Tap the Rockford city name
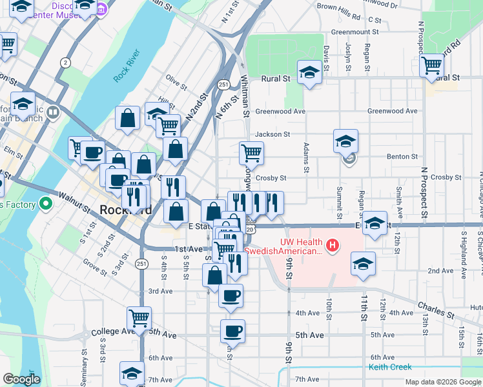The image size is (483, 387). coord(126,210)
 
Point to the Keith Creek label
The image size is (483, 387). coord(390,367)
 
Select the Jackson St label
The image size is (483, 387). coord(272,134)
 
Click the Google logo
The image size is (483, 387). coord(21,379)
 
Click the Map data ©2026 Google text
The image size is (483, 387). coord(442,382)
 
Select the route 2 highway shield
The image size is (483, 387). coord(65,62)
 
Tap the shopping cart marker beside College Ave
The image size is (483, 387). coord(139,317)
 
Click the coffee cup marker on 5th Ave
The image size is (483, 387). coord(232,331)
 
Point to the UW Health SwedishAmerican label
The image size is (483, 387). coord(301,246)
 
